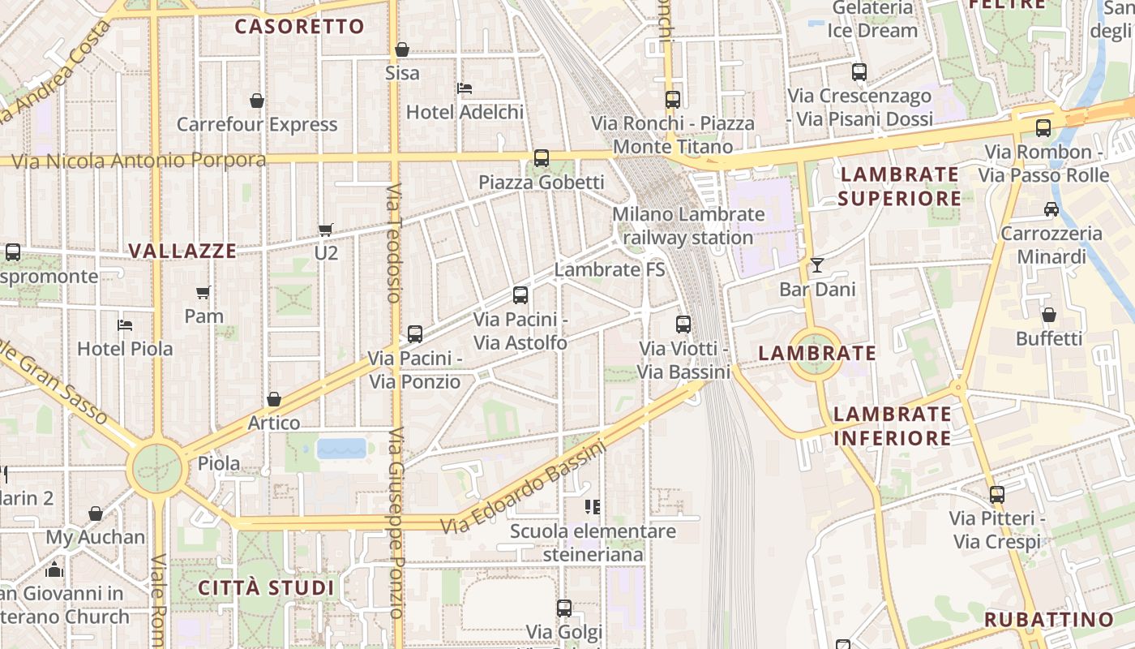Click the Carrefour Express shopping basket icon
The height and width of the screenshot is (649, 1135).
click(x=257, y=101)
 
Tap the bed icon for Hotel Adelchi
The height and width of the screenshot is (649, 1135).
click(x=465, y=88)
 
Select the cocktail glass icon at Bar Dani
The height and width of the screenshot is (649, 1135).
click(x=816, y=265)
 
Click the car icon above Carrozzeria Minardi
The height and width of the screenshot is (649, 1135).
click(x=1051, y=209)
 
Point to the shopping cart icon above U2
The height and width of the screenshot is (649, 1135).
click(x=325, y=230)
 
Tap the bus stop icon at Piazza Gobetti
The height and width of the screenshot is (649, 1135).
click(x=541, y=158)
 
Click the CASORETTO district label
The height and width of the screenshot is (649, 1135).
click(x=299, y=27)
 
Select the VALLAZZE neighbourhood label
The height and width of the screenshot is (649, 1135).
click(x=183, y=251)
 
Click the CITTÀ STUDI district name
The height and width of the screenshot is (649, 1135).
click(x=266, y=587)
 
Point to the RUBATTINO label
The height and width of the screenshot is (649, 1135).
click(x=1049, y=620)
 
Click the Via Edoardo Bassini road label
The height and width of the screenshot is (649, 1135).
click(x=524, y=487)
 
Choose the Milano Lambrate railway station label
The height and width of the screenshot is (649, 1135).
click(x=688, y=226)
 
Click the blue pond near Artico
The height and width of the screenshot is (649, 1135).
click(x=342, y=448)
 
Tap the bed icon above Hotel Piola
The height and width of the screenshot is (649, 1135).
click(x=124, y=325)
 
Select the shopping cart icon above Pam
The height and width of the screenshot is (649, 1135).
click(x=203, y=292)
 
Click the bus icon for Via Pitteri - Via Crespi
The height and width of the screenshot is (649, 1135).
click(x=996, y=494)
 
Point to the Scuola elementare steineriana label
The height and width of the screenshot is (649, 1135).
click(x=593, y=543)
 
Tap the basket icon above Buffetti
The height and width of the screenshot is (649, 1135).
click(x=1048, y=315)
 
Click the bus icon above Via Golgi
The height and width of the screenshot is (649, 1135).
click(x=563, y=608)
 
